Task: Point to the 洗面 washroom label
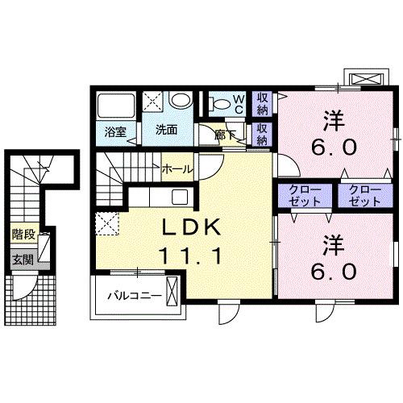click(166, 130)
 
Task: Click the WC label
click(239, 103)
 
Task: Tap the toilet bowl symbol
click(218, 103)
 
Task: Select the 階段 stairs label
click(23, 235)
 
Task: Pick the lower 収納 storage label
click(264, 134)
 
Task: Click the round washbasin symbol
click(182, 102)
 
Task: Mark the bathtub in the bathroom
click(115, 106)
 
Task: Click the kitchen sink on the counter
click(179, 197)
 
